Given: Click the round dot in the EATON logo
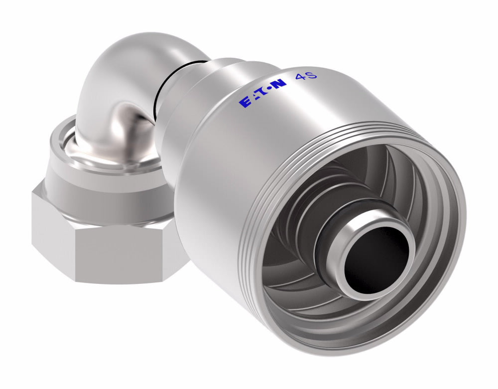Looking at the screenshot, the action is point(269,89).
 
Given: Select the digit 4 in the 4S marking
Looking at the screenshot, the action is point(300,77).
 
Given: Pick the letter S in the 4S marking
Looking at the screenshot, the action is point(312,77).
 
